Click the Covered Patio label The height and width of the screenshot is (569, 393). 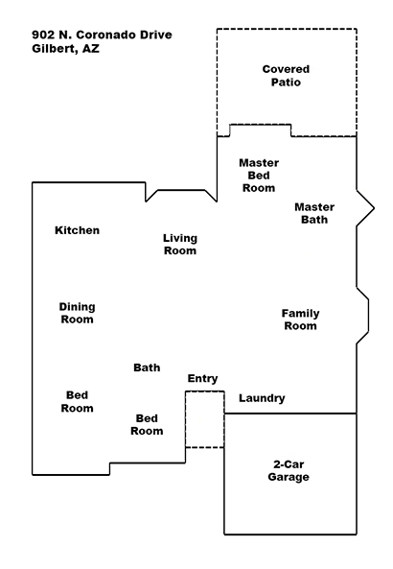pos(286,76)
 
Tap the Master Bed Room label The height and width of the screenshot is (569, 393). pos(259,176)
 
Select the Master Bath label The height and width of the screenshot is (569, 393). pos(314,213)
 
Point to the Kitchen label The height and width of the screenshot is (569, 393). pos(77,230)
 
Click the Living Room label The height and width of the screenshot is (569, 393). pos(180,245)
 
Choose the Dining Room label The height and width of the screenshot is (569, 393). pos(77,313)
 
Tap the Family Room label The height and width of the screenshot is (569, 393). pos(300,320)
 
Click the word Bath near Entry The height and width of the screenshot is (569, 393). pos(147,367)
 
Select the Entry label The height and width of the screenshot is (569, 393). pos(202,378)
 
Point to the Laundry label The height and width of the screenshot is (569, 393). pos(262,398)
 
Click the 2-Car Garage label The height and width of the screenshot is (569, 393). pos(289,470)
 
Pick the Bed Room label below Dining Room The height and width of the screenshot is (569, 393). pos(77,401)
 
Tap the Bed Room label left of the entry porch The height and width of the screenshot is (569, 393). pos(147,424)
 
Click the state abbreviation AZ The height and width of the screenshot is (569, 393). pos(91,48)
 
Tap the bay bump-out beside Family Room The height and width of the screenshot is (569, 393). pos(369,316)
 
